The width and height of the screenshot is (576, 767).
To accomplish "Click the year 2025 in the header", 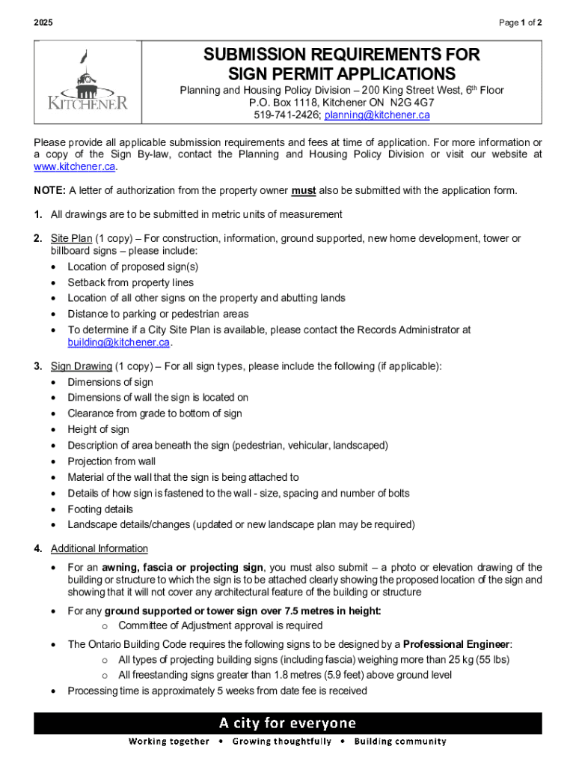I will (44, 22).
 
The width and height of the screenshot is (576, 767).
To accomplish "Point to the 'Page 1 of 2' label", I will (520, 22).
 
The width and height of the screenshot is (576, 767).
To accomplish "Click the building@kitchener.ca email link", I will (119, 342).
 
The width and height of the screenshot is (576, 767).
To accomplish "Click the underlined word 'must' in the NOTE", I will (303, 190).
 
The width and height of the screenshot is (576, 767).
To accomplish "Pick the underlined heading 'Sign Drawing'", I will (82, 366).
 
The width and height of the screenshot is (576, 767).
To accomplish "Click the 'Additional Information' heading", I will (99, 548).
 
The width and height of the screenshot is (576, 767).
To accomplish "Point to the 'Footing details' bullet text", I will (100, 509).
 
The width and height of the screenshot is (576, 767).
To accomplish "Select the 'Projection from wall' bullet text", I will (111, 461).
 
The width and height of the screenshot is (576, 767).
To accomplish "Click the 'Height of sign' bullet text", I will (98, 429).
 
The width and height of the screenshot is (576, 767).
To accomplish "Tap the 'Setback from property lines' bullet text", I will (130, 282).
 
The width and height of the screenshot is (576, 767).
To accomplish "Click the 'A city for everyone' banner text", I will (288, 723).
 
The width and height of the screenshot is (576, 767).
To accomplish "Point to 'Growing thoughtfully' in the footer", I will (281, 742).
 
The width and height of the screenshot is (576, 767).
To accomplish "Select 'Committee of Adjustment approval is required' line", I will (221, 625).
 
